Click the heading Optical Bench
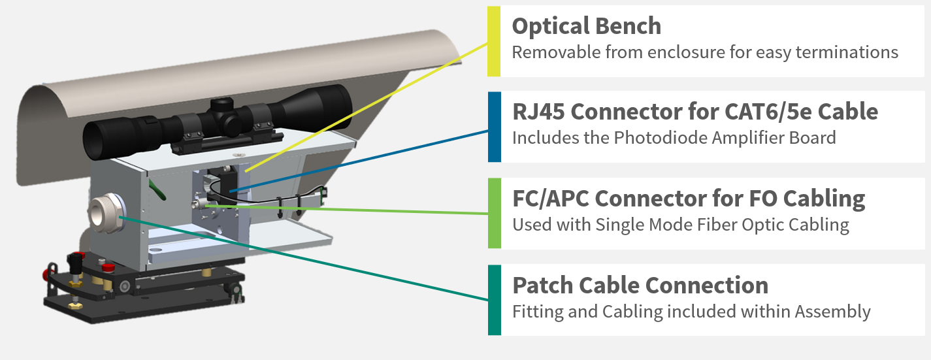pos(586,26)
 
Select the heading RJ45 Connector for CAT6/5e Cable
pos(694,112)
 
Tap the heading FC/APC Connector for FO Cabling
pos(688,198)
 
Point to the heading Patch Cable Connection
pos(640,285)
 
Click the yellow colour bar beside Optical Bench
pos(494,41)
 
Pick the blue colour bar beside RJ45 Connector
pos(494,126)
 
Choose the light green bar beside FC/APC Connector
pos(494,213)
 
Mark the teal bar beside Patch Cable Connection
pos(494,300)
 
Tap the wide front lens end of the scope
pos(98,140)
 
